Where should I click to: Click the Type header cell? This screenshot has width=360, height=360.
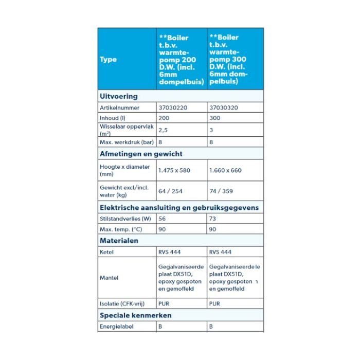pos(109,59)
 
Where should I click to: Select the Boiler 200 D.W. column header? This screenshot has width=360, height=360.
pos(182,59)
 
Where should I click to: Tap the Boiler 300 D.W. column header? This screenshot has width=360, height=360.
pos(235,59)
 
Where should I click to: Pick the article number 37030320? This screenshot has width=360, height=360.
pos(224,108)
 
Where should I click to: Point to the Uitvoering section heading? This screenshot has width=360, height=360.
pos(119,96)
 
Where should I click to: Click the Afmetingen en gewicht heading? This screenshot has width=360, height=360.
pos(141,153)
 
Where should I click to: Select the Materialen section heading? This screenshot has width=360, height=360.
pos(119,240)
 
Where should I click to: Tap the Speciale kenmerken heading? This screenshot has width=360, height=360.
pos(135,315)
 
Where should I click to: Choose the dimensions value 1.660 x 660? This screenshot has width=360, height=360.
pos(225,170)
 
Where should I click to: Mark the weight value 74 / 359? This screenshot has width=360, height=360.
pos(221,191)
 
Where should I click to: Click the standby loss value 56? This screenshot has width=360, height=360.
pos(163,219)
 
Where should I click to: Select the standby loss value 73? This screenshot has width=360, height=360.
pos(213,219)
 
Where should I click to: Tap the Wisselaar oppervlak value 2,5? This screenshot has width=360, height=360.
pos(163,130)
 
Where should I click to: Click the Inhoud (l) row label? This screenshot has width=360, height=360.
pos(114,118)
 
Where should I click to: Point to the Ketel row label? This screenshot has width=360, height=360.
pos(107,252)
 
